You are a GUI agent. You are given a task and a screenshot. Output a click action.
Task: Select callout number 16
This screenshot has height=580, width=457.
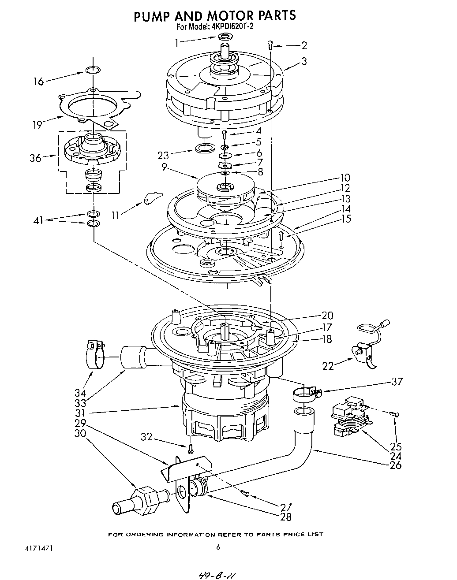click(39, 82)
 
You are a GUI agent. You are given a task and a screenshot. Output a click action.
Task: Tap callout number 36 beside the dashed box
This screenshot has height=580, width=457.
click(36, 158)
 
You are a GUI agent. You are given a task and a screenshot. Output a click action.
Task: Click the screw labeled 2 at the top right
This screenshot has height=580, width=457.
click(270, 45)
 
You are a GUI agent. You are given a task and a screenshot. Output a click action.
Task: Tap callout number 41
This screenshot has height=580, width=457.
click(39, 220)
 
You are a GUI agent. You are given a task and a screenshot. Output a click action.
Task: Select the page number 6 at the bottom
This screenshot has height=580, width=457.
click(218, 547)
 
